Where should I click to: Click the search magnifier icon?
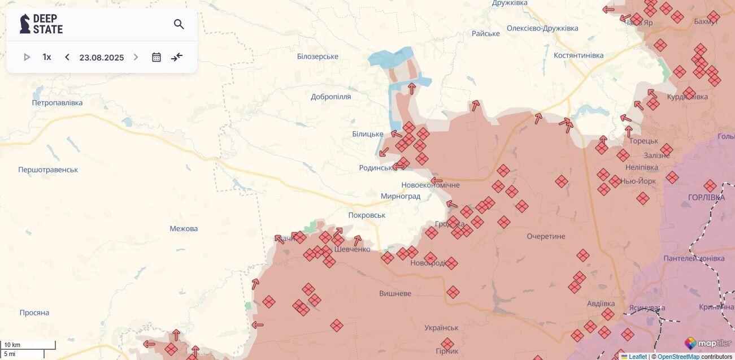pos(179,24)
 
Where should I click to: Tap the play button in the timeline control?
pos(27,57)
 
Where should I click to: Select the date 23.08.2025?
pos(102,57)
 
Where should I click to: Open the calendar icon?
pos(156,57)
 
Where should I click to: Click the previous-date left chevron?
pos(67,57)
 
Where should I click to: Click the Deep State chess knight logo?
pos(25,24)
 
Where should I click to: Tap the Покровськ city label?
pos(367,215)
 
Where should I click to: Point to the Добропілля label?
pos(331,97)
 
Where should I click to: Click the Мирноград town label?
pos(401,196)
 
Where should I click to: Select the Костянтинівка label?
pos(579,55)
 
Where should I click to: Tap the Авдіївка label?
pos(601,303)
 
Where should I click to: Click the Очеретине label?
pos(546,236)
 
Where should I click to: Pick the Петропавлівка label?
pos(57,103)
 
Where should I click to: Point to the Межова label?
pos(184,229)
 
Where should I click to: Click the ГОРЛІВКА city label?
pos(706,197)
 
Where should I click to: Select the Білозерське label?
pos(318,57)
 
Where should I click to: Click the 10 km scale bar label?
pos(12,345)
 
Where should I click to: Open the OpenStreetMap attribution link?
pos(678,357)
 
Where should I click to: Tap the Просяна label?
pos(34,313)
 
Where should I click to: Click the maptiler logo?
pos(708,343)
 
